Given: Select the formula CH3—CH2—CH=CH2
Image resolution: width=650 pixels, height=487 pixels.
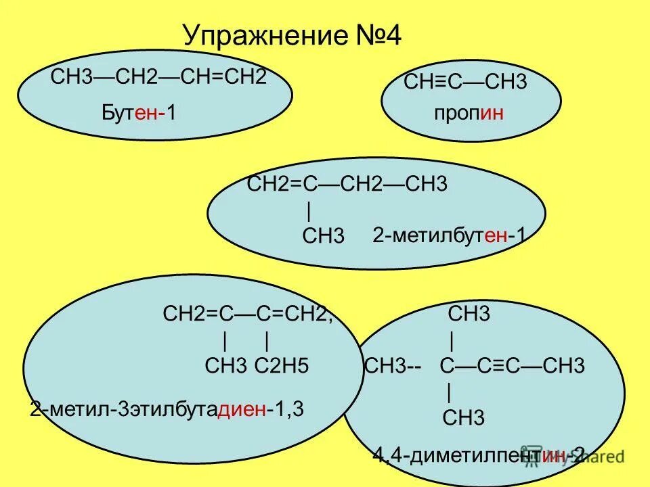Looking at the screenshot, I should [x=158, y=76].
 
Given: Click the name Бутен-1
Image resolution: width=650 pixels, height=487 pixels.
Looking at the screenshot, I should [x=139, y=112].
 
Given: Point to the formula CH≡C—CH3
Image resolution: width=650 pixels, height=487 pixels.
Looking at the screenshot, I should [x=465, y=83].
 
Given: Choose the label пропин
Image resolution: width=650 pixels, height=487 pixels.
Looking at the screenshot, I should [x=469, y=113].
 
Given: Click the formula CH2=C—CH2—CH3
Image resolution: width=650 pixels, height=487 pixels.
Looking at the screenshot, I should [x=347, y=185].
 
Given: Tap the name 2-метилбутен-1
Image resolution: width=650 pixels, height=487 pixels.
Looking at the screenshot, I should [x=449, y=235].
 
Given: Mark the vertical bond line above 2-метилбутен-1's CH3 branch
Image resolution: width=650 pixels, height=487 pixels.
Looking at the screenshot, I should [x=309, y=212].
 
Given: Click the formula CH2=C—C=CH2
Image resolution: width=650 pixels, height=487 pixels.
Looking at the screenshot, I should [x=248, y=314].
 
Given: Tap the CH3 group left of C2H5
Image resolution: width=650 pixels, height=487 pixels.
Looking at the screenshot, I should [x=227, y=366].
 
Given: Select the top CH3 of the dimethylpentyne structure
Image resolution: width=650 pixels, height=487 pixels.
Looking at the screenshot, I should [x=469, y=315].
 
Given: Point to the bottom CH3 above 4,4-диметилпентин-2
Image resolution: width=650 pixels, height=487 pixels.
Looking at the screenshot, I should [x=463, y=417].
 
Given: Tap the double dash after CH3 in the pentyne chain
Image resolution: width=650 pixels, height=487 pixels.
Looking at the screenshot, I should [x=415, y=367].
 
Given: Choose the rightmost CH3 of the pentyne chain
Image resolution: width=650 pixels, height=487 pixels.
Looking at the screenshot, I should [x=563, y=367].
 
